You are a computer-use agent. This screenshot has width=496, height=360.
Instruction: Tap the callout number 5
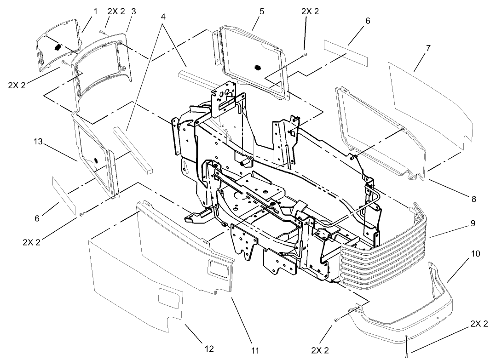(x=261, y=11)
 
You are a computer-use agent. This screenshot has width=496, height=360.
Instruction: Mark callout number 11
(x=254, y=351)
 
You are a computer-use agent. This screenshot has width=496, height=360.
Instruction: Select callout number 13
(x=39, y=143)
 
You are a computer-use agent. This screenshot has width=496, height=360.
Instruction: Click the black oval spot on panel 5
(x=257, y=68)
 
